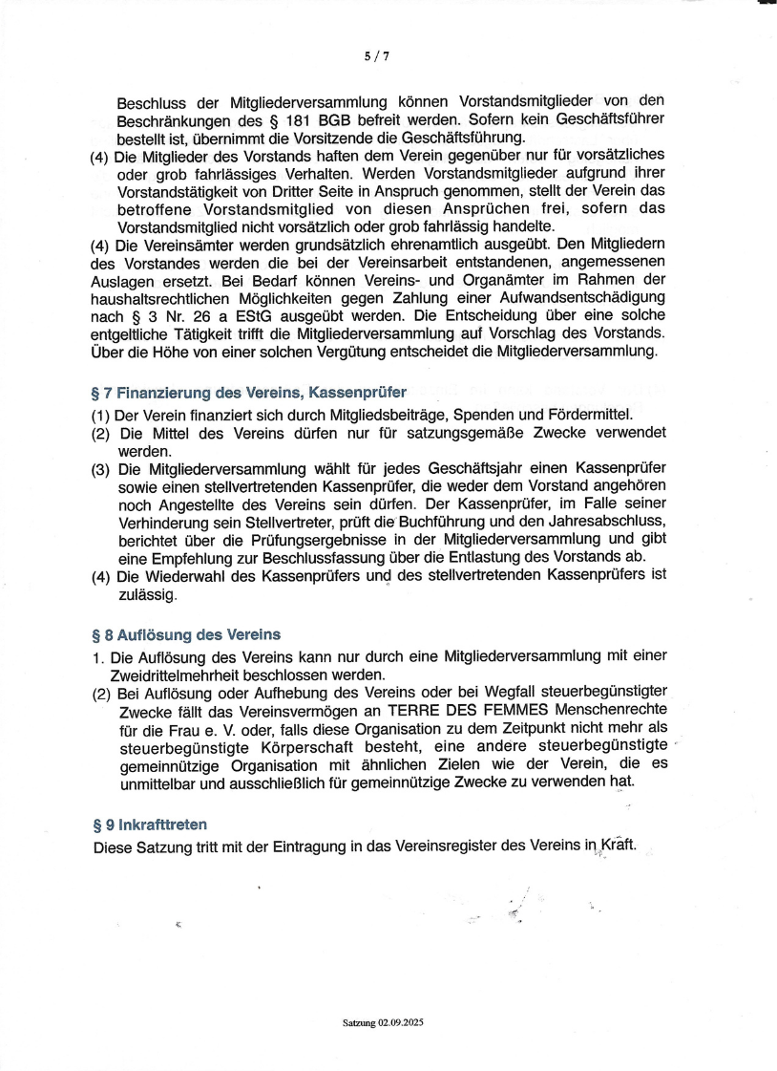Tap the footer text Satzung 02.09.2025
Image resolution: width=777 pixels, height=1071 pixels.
[382, 1022]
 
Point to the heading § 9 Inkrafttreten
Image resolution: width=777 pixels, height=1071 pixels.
[150, 824]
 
